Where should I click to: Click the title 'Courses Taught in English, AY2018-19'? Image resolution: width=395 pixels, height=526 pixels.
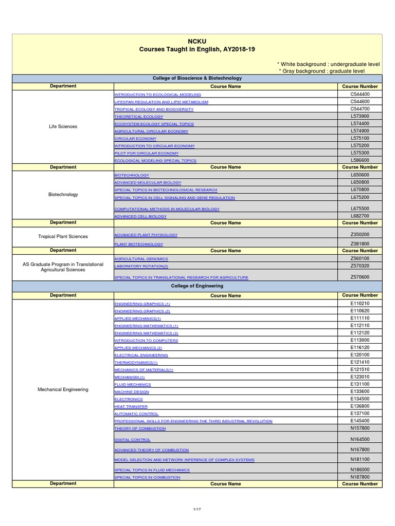tap(197, 49)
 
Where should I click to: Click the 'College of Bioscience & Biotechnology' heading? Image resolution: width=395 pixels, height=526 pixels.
tap(197, 78)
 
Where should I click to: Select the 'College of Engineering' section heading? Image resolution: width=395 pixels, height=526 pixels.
tap(197, 286)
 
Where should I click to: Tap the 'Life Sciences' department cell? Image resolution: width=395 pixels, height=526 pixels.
tap(63, 126)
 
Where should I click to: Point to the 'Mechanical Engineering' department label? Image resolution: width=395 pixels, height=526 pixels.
tap(63, 389)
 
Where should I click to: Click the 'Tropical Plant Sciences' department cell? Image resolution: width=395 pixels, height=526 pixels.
tap(63, 237)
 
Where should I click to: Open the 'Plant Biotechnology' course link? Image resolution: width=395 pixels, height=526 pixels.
tap(138, 244)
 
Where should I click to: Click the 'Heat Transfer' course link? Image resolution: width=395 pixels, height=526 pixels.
tap(131, 406)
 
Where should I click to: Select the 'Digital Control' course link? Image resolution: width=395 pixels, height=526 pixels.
tap(132, 440)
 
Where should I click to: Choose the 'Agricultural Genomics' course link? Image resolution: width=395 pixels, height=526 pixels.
tap(141, 259)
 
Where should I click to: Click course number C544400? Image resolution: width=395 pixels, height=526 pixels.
tap(360, 95)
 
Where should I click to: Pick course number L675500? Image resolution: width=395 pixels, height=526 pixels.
tap(360, 209)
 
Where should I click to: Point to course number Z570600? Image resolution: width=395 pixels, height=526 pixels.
tap(360, 277)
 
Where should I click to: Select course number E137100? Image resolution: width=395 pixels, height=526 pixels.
tap(360, 414)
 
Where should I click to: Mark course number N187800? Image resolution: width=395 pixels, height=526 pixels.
tap(360, 477)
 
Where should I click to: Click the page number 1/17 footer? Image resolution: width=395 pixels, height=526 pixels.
tap(196, 509)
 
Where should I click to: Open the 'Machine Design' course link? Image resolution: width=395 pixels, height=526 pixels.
tap(132, 391)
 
